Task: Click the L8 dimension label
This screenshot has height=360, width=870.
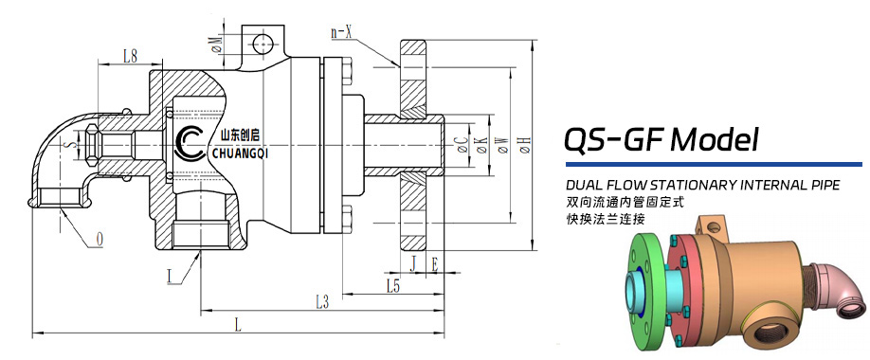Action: coord(130,56)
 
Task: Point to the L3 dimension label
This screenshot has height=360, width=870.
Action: coord(322,302)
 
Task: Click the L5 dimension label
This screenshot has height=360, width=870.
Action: coord(393,286)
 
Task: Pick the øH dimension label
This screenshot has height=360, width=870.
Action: coord(524,145)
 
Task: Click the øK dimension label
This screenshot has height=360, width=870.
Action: coord(481,145)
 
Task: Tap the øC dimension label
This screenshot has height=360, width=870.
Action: coord(460,145)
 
